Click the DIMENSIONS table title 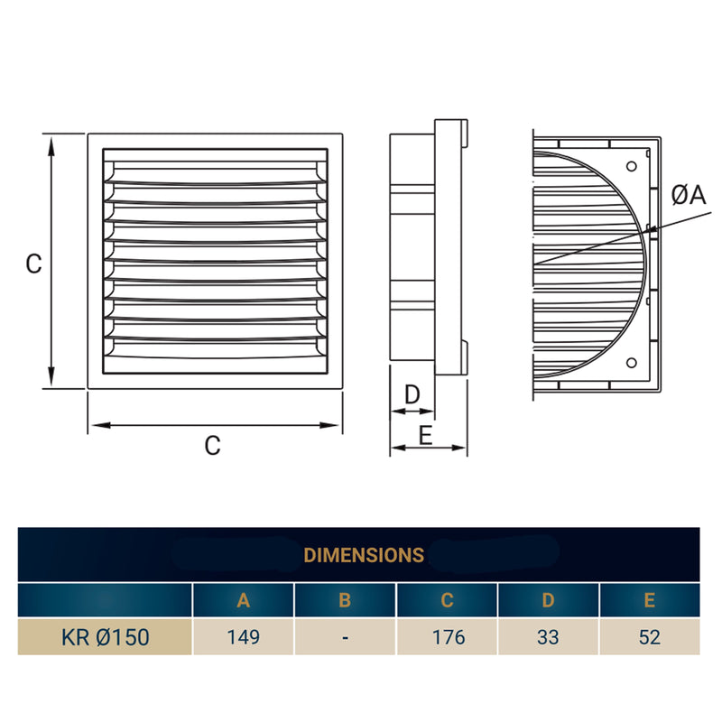tap(364, 554)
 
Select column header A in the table tap(243, 600)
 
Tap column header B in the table tap(345, 600)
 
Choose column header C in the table tap(448, 600)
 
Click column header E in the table tap(650, 600)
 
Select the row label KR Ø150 tap(105, 637)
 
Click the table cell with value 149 tap(243, 637)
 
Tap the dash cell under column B tap(345, 637)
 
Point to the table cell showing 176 tap(448, 637)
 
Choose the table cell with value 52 tap(650, 637)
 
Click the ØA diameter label tap(688, 195)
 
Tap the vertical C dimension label tap(33, 264)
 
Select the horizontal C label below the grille tap(212, 446)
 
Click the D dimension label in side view tap(412, 394)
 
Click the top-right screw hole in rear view tap(632, 165)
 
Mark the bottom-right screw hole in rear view tap(632, 364)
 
